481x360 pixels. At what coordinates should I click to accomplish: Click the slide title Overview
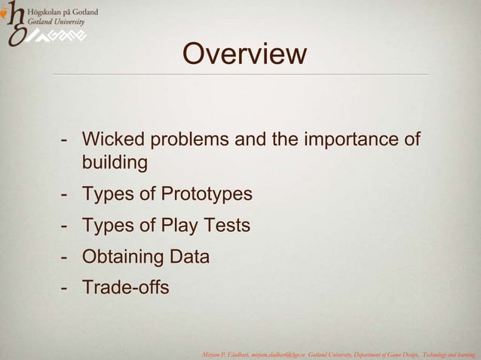(x=244, y=54)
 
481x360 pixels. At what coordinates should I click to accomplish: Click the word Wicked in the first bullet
(x=112, y=140)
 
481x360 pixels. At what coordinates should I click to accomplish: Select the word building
(x=115, y=162)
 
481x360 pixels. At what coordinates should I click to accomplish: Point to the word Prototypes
(x=207, y=194)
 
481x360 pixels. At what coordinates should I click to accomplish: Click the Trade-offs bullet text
(x=126, y=288)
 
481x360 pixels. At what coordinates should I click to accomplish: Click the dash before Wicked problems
(x=66, y=140)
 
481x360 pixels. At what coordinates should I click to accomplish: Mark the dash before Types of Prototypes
(x=66, y=194)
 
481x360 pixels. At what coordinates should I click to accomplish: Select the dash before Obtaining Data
(x=66, y=257)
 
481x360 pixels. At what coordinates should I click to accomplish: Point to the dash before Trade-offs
(x=66, y=288)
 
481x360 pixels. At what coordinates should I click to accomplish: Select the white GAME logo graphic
(x=60, y=36)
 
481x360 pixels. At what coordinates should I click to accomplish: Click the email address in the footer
(x=282, y=352)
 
